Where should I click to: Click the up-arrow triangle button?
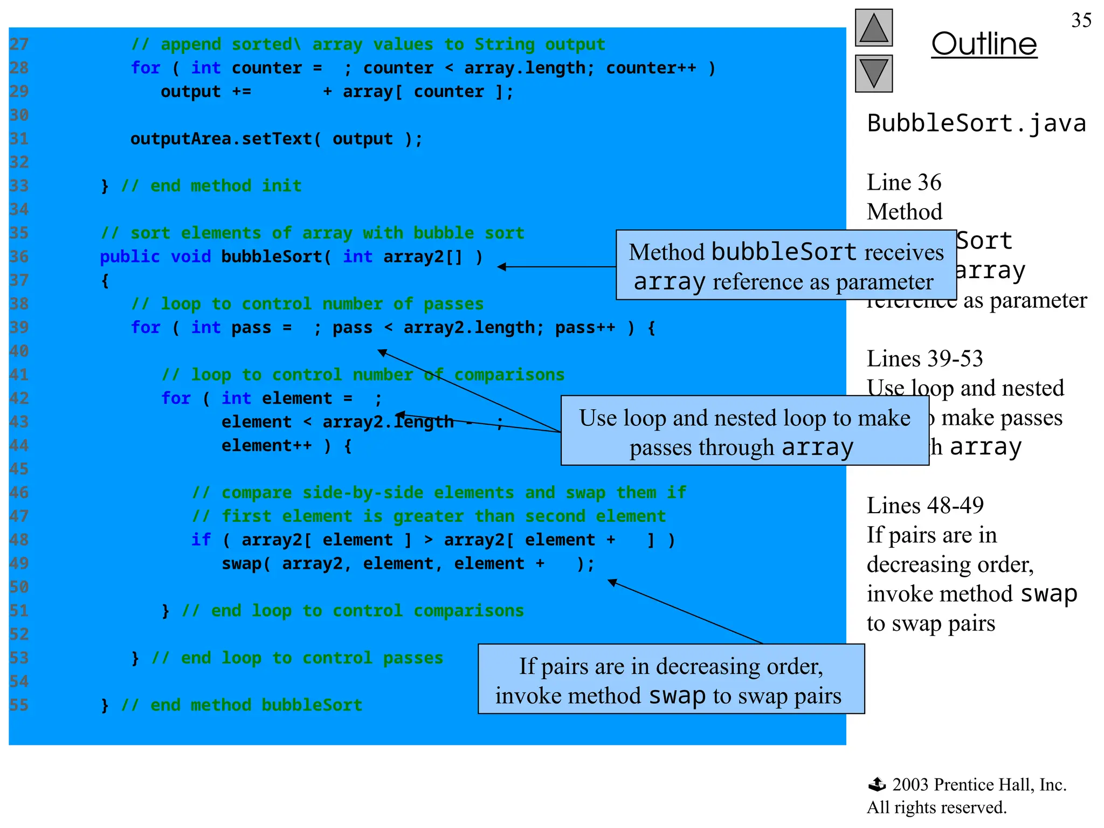pos(873,28)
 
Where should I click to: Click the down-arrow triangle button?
pos(873,73)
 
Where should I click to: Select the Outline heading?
pos(984,44)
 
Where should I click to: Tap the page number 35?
pos(1081,20)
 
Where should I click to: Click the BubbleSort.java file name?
pos(976,123)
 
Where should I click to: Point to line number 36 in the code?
pos(19,257)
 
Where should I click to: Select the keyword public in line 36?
pos(130,257)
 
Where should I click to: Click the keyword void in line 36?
pos(190,257)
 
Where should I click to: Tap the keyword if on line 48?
pos(201,540)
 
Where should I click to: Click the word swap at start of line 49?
pos(241,563)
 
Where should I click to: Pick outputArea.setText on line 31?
pos(222,139)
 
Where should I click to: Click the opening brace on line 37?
pos(105,281)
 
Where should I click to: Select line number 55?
pos(19,705)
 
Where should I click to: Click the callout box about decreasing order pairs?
pos(671,679)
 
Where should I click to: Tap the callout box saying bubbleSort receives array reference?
pos(785,265)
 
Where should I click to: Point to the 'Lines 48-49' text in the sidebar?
pos(925,506)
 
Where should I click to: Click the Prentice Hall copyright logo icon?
pos(877,784)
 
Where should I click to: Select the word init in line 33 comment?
pos(281,186)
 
